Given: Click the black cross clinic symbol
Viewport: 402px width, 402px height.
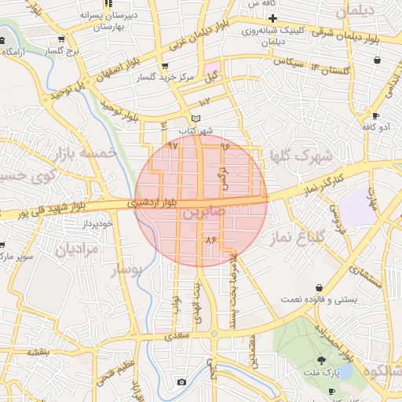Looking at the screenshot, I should point(272,17).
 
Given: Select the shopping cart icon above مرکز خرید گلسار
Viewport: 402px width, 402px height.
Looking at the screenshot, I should point(163,66).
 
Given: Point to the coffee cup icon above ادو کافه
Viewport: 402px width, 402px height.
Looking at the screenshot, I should point(376,116).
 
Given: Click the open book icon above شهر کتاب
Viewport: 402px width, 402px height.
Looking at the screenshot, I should point(185,118).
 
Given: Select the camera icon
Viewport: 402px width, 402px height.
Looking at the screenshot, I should point(181,382).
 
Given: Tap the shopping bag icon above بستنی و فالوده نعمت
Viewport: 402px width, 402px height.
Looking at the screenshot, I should point(318,287).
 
